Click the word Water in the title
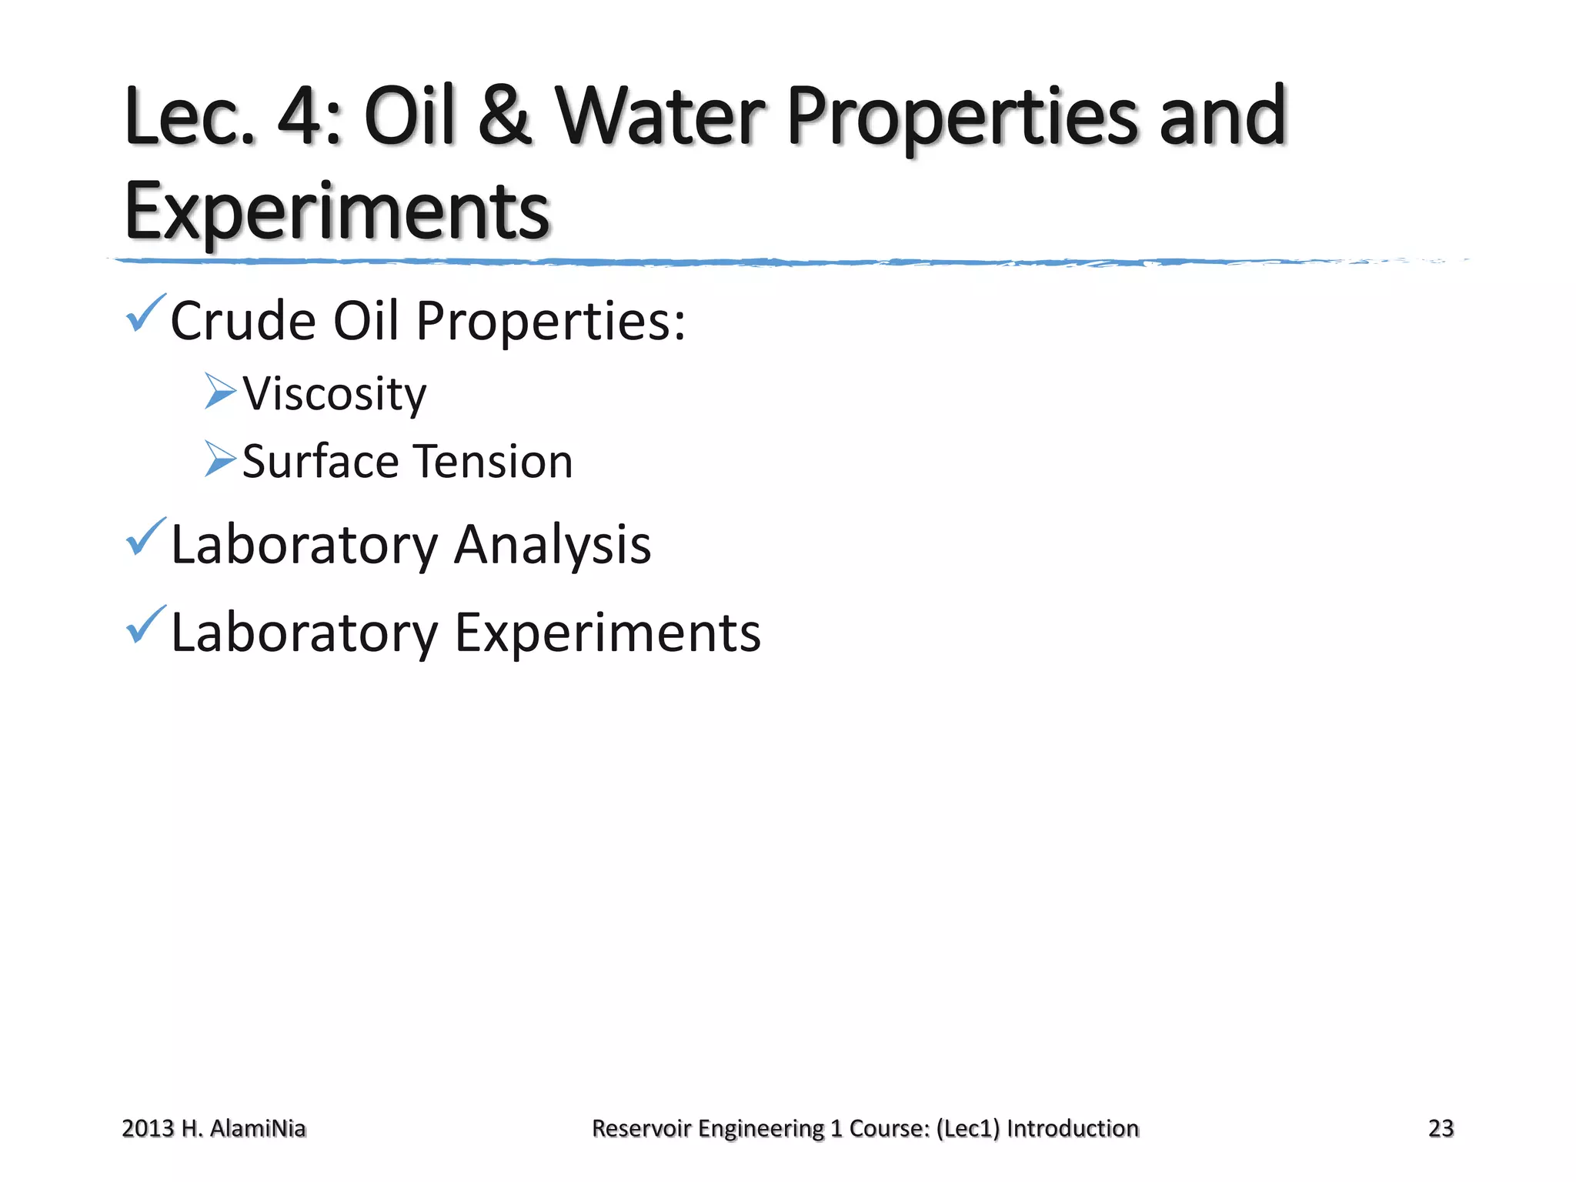point(660,117)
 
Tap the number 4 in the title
point(302,117)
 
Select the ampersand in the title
point(504,117)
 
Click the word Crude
point(242,321)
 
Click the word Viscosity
point(334,394)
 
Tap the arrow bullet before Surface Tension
point(220,459)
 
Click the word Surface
point(319,462)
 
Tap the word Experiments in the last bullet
point(607,633)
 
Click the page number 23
point(1441,1128)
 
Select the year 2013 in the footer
point(148,1128)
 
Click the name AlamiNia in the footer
point(258,1128)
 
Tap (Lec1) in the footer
point(968,1128)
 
